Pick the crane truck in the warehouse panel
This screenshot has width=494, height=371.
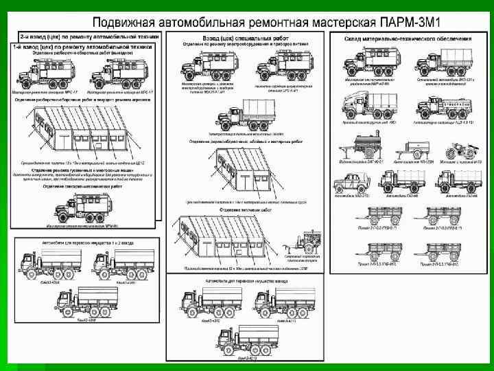(360, 107)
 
